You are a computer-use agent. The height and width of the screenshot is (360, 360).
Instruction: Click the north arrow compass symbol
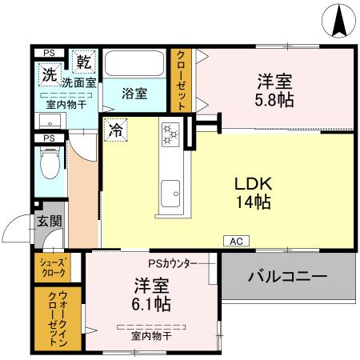(x=338, y=19)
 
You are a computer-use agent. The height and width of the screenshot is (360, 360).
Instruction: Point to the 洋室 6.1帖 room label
(x=150, y=294)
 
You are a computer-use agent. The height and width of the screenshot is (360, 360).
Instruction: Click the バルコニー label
(x=287, y=278)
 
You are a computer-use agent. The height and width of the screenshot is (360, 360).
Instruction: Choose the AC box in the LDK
(x=236, y=241)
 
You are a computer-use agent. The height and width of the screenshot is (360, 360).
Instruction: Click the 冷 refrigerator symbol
(x=116, y=129)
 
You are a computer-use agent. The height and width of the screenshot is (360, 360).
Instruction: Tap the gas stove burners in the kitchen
(x=170, y=134)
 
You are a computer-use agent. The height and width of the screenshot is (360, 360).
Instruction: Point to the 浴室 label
(x=134, y=94)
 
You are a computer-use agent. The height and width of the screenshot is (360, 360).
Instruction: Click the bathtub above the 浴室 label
(x=134, y=63)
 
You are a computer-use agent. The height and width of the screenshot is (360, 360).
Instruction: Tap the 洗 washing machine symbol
(x=49, y=78)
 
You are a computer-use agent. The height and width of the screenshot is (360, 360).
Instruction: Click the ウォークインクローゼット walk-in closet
(x=50, y=317)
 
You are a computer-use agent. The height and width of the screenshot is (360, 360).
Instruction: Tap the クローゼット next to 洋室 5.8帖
(x=181, y=80)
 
